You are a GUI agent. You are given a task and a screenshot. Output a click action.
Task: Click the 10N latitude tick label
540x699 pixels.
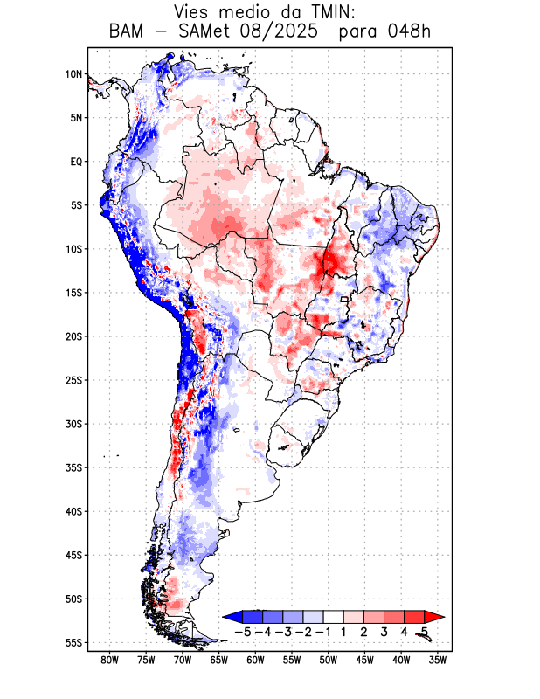point(73,74)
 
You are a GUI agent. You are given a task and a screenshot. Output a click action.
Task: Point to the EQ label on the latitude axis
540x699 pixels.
point(76,162)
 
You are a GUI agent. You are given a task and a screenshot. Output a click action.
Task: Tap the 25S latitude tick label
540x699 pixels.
point(73,380)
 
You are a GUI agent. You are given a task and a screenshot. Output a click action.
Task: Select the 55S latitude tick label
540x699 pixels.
point(73,642)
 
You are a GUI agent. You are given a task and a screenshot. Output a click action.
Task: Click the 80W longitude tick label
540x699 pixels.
point(109,661)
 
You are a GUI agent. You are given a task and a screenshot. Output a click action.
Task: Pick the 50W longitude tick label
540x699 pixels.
point(328,661)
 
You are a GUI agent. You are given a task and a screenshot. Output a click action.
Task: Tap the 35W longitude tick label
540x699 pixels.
point(437,661)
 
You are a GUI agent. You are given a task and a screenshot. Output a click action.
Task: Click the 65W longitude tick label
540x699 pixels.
point(218,661)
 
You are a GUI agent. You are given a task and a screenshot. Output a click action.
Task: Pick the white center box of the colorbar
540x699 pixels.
point(334,616)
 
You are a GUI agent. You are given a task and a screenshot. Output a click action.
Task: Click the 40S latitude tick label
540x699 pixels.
point(73,511)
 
